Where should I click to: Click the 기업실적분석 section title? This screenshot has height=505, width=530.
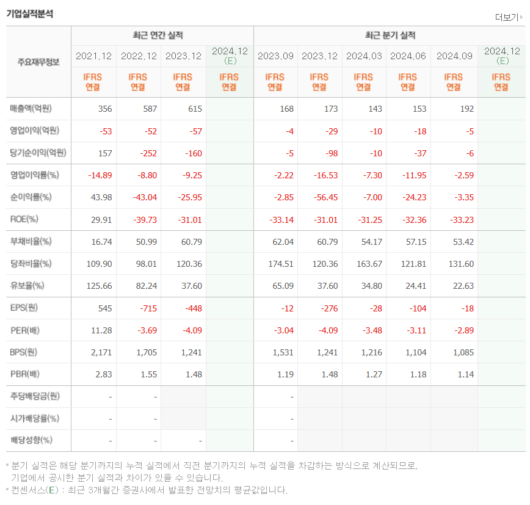click(x=29, y=13)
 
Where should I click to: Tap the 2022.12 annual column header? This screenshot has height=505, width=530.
click(x=139, y=56)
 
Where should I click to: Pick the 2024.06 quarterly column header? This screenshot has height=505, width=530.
click(x=408, y=56)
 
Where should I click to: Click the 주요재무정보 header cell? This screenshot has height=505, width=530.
click(x=38, y=62)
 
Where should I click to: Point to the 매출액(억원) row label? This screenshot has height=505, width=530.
click(x=31, y=109)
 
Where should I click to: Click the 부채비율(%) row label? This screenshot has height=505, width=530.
click(x=31, y=241)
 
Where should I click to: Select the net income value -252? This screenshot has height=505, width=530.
click(x=147, y=153)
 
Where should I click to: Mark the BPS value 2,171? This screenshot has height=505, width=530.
click(x=101, y=352)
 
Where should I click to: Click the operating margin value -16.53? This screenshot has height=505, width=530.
click(x=325, y=175)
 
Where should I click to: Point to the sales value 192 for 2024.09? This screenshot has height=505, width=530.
click(x=466, y=109)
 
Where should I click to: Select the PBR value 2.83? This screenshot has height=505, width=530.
click(x=103, y=374)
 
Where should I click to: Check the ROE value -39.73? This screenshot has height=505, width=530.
click(x=144, y=219)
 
